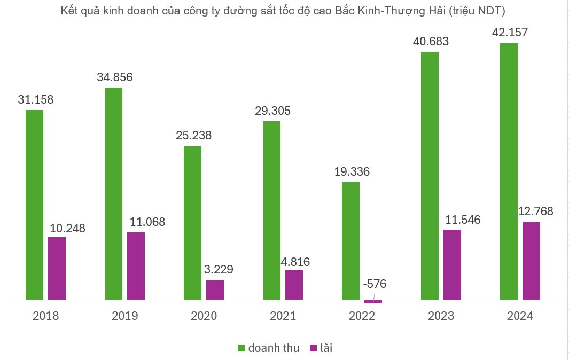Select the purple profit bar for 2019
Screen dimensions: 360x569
click(x=136, y=265)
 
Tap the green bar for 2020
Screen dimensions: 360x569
click(x=192, y=223)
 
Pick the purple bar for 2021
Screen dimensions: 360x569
click(x=294, y=285)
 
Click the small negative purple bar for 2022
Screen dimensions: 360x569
click(x=373, y=302)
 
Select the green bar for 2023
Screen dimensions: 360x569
click(x=430, y=176)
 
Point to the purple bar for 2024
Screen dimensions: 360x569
click(x=531, y=261)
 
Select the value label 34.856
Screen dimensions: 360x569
click(x=114, y=77)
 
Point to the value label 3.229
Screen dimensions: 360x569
click(x=219, y=269)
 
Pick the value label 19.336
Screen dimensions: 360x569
click(x=351, y=172)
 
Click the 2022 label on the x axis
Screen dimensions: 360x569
click(x=362, y=316)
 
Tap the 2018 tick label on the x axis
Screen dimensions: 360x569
click(x=46, y=316)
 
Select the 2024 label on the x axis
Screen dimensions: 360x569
click(x=520, y=316)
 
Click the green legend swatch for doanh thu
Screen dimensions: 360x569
click(x=241, y=348)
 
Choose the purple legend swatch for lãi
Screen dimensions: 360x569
click(x=313, y=348)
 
